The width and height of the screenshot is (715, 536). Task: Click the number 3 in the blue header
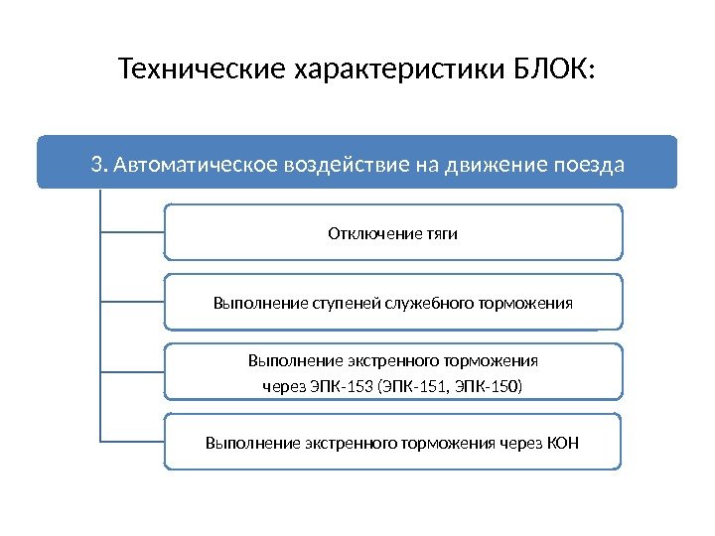pos(95,164)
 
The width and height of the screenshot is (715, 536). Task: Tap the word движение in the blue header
pos(492,164)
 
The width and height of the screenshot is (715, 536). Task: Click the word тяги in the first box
pos(442,234)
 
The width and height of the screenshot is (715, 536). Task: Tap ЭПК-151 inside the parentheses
pos(410,384)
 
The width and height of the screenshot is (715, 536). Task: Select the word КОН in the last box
pos(564,443)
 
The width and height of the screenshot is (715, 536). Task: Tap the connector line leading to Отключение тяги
pos(132,232)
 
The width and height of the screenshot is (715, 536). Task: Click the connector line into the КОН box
pos(132,441)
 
